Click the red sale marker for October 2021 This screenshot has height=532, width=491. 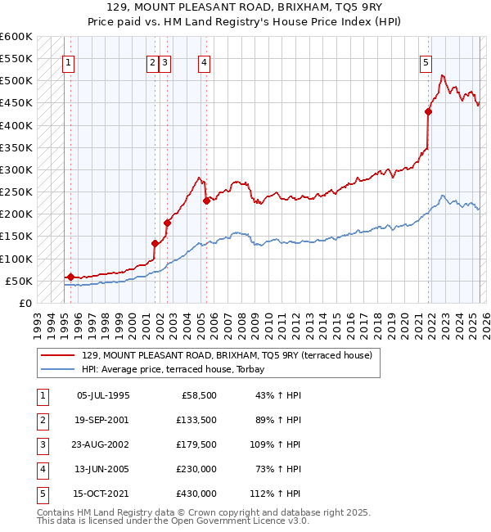click(x=428, y=111)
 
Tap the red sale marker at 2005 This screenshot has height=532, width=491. click(x=206, y=201)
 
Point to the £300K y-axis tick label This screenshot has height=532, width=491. click(x=17, y=169)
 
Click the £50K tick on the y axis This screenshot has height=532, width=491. click(x=20, y=281)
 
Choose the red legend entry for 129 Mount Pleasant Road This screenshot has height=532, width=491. click(x=227, y=355)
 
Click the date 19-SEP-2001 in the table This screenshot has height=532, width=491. click(x=103, y=421)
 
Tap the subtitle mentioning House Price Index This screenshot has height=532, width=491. click(x=245, y=22)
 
